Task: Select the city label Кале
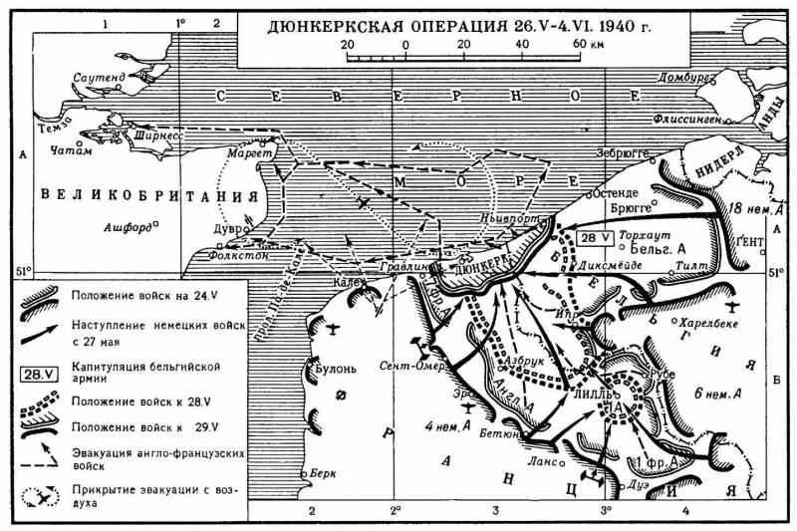(347, 280)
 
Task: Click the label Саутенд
(99, 77)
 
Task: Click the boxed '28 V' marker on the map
(592, 238)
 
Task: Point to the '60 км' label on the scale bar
(588, 46)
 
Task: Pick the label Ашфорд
(128, 227)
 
